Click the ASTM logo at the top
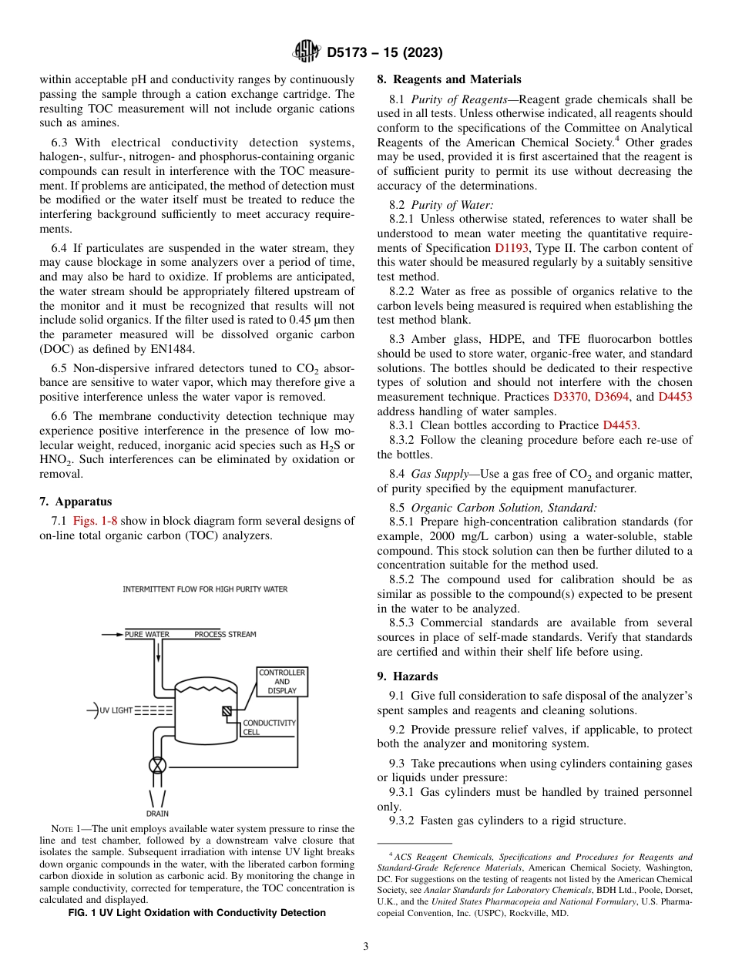pyautogui.click(x=306, y=52)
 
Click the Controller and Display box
pyautogui.click(x=282, y=682)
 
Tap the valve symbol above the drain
pyautogui.click(x=157, y=765)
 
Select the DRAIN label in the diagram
pyautogui.click(x=157, y=814)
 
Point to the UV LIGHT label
pyautogui.click(x=116, y=710)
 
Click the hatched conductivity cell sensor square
pyautogui.click(x=227, y=711)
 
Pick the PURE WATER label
pyautogui.click(x=147, y=635)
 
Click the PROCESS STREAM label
pyautogui.click(x=225, y=635)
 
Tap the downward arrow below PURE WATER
pyautogui.click(x=159, y=653)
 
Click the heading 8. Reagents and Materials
pyautogui.click(x=448, y=79)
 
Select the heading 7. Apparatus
pyautogui.click(x=76, y=502)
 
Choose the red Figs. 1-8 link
pyautogui.click(x=96, y=522)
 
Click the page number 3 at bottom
pyautogui.click(x=366, y=946)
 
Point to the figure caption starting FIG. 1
pyautogui.click(x=196, y=913)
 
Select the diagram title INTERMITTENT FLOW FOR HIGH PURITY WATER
pyautogui.click(x=205, y=589)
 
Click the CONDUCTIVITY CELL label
pyautogui.click(x=269, y=728)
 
